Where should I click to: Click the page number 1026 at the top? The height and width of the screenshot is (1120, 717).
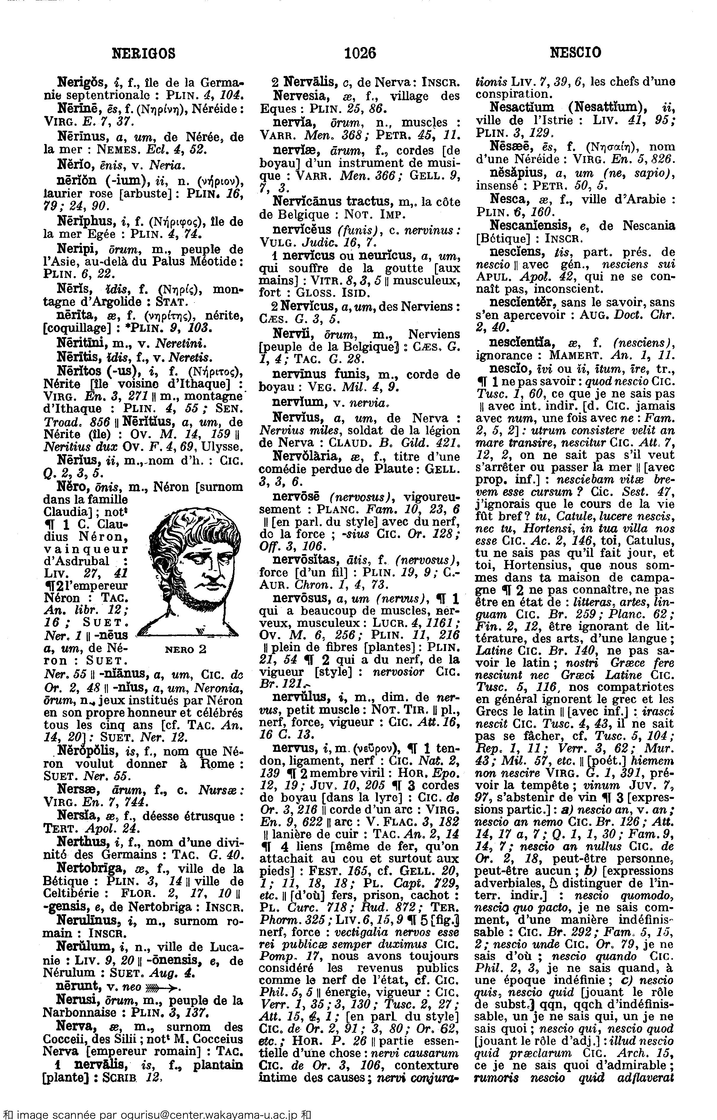pos(360,53)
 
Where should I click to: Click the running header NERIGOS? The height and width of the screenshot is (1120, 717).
pos(144,53)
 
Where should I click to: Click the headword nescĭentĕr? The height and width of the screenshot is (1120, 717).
pos(524,302)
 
